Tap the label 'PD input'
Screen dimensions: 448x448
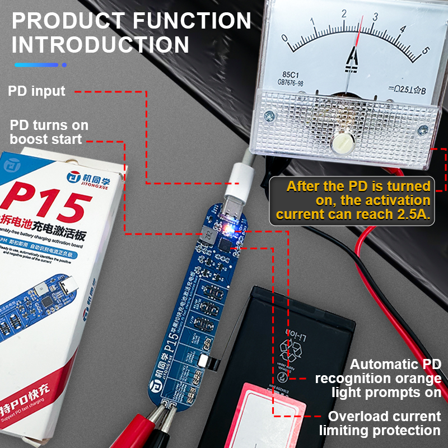click(x=36, y=91)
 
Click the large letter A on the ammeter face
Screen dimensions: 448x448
click(x=353, y=57)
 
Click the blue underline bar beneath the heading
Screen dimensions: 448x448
click(x=36, y=65)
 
